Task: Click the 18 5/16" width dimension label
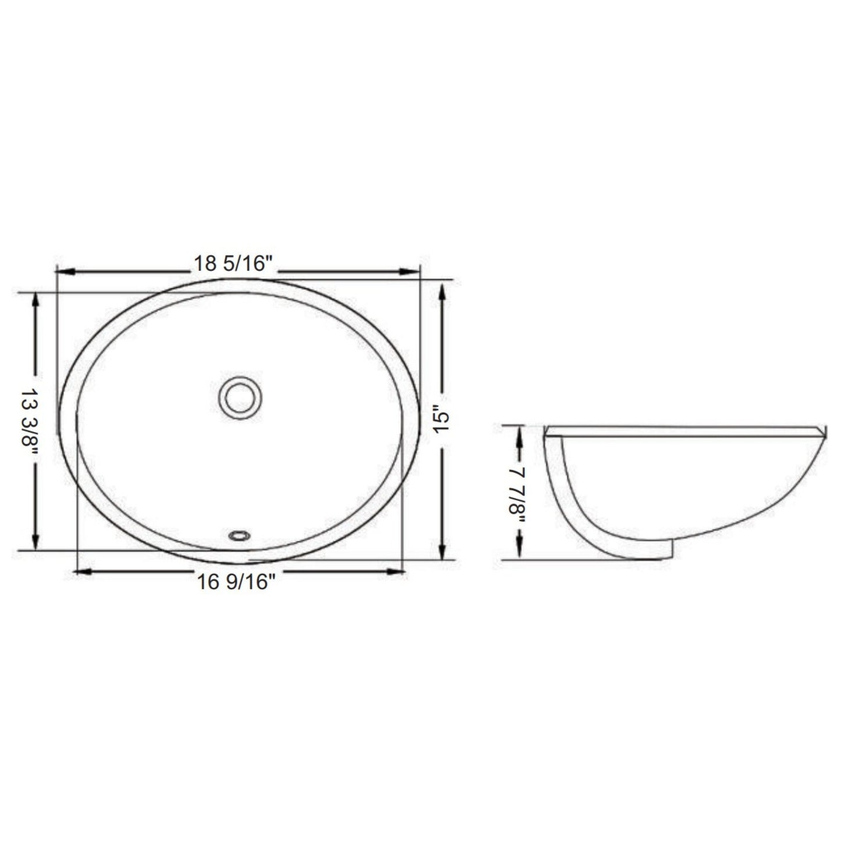tap(233, 264)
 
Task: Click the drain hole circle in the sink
tap(240, 398)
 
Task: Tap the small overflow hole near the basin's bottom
tap(239, 534)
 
